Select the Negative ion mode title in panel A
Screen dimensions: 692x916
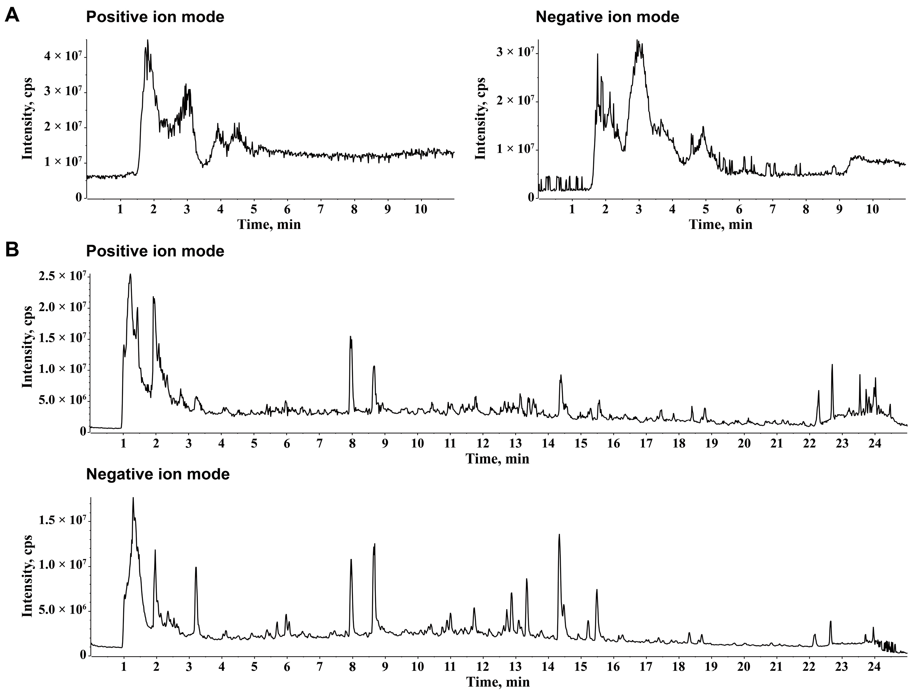[607, 17]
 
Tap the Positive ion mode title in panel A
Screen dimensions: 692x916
[155, 17]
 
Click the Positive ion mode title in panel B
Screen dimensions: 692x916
[155, 251]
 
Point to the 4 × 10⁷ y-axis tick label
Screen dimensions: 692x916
[63, 56]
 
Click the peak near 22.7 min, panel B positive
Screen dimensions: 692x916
[832, 365]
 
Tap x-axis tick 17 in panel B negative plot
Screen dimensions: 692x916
[646, 667]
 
